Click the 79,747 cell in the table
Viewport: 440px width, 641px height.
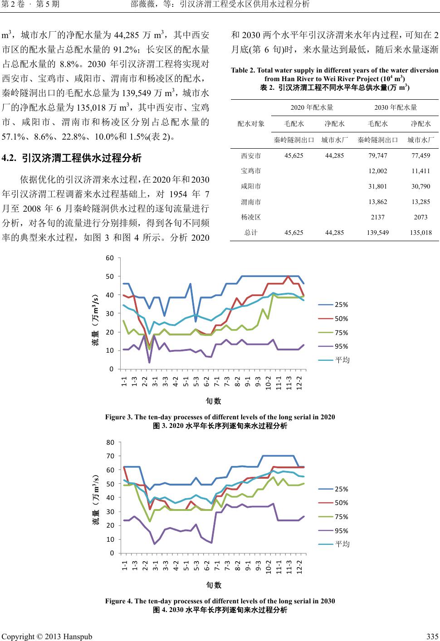tap(377, 155)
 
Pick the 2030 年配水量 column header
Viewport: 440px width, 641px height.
tap(396, 107)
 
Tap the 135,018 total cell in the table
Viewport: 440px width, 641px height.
tap(420, 233)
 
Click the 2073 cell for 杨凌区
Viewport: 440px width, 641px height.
tap(420, 217)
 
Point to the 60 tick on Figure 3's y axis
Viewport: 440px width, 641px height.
tap(109, 258)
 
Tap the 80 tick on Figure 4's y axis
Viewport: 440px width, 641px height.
tap(109, 442)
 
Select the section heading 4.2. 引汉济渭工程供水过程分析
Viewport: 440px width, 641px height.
tap(73, 158)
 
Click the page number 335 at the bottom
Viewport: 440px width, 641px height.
tap(431, 636)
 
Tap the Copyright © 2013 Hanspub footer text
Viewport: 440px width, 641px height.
tap(47, 636)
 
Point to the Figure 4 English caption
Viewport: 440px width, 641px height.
tap(220, 601)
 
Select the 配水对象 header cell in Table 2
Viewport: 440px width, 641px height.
tap(251, 123)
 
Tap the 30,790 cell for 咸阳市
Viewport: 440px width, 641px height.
tap(420, 186)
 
